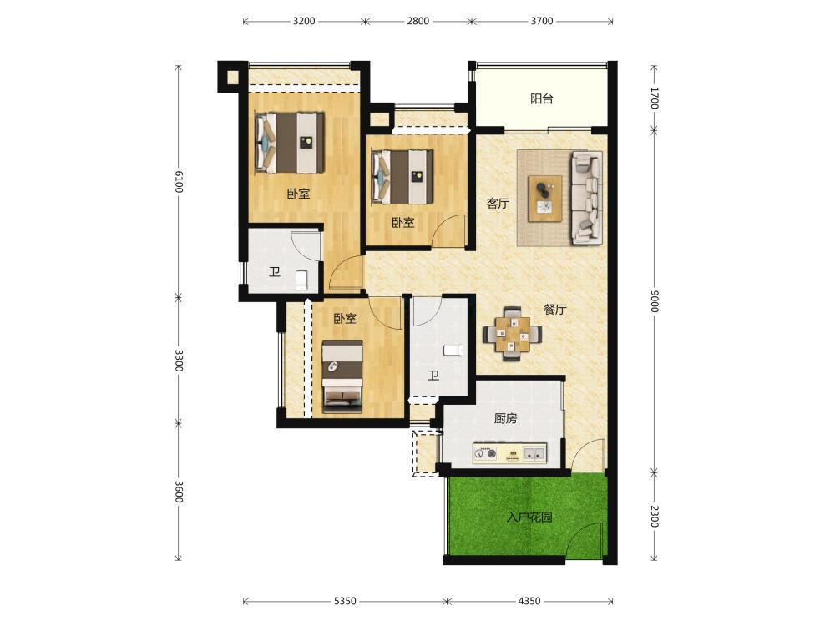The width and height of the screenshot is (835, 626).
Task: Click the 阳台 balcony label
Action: tap(542, 99)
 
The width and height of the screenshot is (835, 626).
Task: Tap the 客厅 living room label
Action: tap(498, 204)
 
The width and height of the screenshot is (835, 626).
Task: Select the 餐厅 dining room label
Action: tap(555, 310)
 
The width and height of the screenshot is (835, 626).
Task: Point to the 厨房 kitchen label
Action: tap(505, 418)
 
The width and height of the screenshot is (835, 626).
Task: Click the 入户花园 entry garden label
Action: tap(529, 517)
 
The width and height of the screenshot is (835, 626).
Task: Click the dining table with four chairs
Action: tap(513, 335)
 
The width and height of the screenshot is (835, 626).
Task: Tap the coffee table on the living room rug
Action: tap(545, 198)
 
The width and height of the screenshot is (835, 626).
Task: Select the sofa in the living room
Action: tap(586, 198)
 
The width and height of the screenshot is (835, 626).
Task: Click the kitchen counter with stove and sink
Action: tap(509, 453)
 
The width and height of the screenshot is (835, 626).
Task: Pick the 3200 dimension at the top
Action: tap(304, 22)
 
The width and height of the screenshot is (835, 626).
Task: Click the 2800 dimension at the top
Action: tap(418, 22)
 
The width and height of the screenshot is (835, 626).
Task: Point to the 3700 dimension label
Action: tap(542, 22)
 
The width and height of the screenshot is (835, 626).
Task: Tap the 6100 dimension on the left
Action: tap(179, 182)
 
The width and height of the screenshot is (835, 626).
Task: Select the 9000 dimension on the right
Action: tap(655, 301)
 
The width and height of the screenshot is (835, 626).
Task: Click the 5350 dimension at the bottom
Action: tap(345, 601)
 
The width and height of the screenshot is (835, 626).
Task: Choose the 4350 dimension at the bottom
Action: tap(529, 601)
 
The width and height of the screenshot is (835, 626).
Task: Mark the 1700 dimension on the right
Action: tap(655, 98)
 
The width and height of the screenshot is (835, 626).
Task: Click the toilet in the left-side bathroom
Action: tap(301, 280)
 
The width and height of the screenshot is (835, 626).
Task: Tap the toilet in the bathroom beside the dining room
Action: tap(453, 350)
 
